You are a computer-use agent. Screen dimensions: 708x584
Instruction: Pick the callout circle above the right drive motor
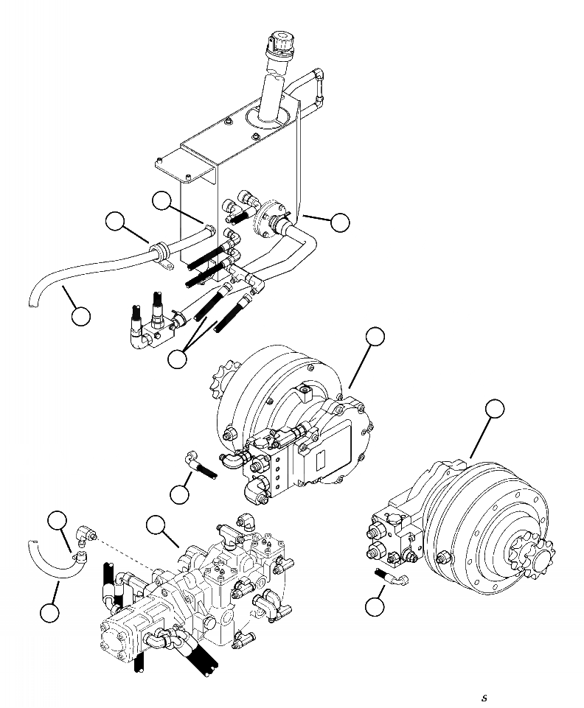click(x=495, y=409)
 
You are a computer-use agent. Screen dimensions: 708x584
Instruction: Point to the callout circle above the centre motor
click(x=375, y=337)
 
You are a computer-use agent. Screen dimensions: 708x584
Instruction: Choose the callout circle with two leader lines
click(x=178, y=359)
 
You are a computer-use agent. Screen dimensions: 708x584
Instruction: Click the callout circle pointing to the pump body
click(x=156, y=525)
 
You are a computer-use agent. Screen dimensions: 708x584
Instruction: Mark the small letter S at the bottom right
click(x=484, y=698)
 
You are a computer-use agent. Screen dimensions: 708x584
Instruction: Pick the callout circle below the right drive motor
click(x=375, y=606)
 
